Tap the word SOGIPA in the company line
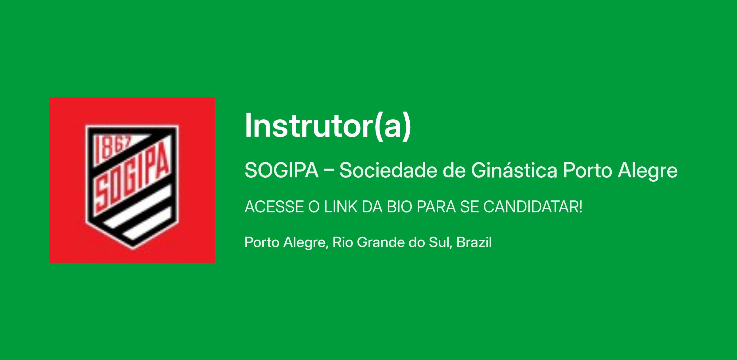point(282,170)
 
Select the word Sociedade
point(388,170)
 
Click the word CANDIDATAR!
point(533,207)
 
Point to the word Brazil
point(474,242)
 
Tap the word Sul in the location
point(440,243)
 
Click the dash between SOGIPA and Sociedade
point(329,171)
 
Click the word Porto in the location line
point(262,242)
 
